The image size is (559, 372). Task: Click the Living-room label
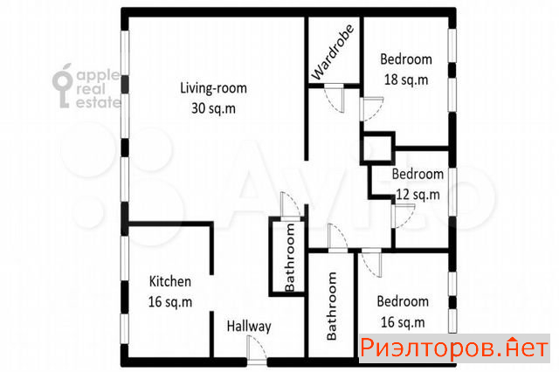213,88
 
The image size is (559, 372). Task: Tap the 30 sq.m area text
213,108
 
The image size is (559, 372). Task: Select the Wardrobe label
333,52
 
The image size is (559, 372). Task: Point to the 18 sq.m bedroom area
406,79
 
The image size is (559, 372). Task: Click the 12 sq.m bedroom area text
418,195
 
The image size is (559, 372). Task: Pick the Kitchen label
170,281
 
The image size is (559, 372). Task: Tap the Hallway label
249,327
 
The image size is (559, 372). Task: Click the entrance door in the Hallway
257,350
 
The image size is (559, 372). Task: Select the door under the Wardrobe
335,99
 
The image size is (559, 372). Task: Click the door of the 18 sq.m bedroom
372,108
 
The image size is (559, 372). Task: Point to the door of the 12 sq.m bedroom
404,216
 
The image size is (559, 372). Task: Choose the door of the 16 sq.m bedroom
371,263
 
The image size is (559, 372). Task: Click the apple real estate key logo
63,86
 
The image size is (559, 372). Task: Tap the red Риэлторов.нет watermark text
454,348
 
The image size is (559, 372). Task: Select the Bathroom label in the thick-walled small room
290,258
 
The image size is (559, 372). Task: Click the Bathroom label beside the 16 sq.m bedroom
332,306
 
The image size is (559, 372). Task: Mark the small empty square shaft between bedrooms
377,148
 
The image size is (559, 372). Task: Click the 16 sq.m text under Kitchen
170,302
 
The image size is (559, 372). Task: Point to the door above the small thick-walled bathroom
291,207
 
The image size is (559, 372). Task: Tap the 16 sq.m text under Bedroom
403,322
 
